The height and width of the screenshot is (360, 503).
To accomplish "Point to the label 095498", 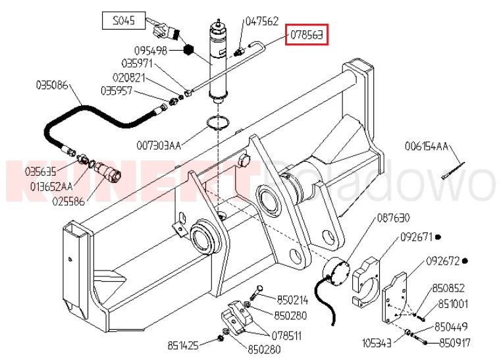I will pos(150,50).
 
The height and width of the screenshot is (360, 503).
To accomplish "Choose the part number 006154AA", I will pos(427,145).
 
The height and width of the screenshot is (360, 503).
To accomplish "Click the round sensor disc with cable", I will pos(336,272).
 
